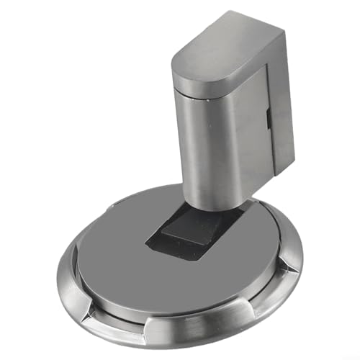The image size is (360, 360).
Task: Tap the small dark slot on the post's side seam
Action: [268, 114]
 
